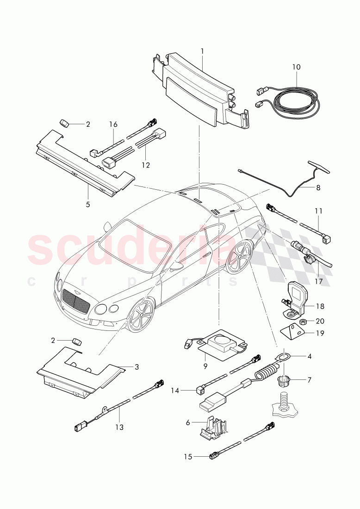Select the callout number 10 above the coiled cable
click(296, 67)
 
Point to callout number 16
click(113, 124)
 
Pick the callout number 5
click(87, 204)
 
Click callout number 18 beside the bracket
click(320, 306)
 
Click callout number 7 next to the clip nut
click(310, 380)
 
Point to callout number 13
click(119, 427)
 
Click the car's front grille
click(75, 302)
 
